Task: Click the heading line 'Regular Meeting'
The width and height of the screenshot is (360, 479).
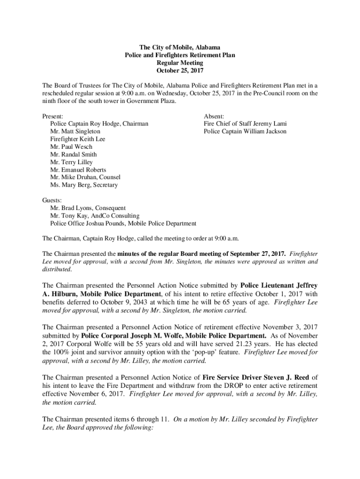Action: (180, 63)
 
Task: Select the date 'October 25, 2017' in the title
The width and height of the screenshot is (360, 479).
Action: (180, 71)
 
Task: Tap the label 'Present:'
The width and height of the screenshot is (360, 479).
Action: (53, 116)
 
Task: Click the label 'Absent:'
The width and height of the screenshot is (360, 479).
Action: (214, 116)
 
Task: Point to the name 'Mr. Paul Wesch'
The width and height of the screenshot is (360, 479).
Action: (71, 147)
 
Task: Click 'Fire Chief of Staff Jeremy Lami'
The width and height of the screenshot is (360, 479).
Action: (245, 124)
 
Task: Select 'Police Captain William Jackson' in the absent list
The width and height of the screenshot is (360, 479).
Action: (245, 131)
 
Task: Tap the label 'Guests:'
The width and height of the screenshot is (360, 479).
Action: (52, 200)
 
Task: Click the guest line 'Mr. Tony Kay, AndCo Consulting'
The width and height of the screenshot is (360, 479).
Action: (95, 216)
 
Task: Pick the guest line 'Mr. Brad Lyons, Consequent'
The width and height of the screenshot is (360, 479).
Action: (88, 208)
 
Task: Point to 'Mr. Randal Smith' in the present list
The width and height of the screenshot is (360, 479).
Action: (74, 154)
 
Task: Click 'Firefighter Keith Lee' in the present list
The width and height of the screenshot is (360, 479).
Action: (78, 139)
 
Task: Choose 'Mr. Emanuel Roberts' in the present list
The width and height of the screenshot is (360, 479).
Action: (78, 170)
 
